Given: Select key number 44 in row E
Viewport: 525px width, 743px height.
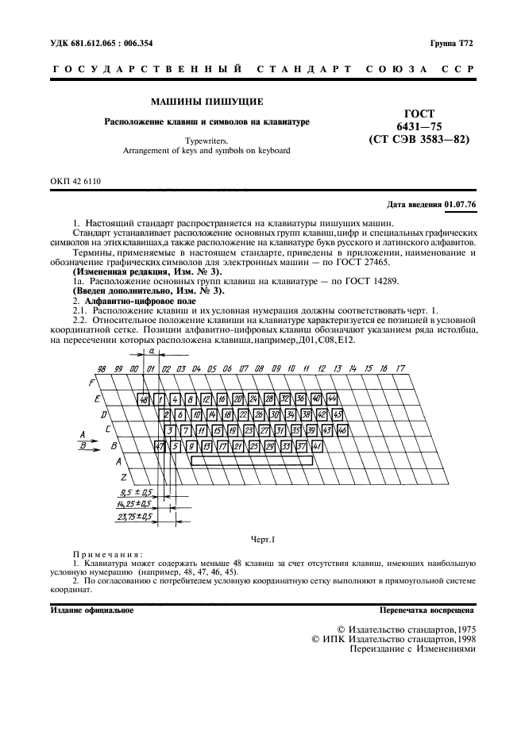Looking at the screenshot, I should [332, 398].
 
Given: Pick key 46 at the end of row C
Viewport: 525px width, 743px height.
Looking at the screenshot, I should [342, 430].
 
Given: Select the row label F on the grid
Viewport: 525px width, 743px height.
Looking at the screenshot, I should [91, 383].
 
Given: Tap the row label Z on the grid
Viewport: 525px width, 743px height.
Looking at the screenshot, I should [124, 476].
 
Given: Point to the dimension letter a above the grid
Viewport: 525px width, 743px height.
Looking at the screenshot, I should [149, 350].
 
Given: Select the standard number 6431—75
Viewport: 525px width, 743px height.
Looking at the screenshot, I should [419, 126].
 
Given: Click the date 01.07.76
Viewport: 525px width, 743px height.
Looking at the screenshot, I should [461, 205].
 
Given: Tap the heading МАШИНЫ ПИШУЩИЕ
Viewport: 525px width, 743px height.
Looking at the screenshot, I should [207, 102].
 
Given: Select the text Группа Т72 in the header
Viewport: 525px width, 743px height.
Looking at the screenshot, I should [452, 42].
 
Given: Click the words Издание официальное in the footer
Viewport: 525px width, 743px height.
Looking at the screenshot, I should [91, 610].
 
